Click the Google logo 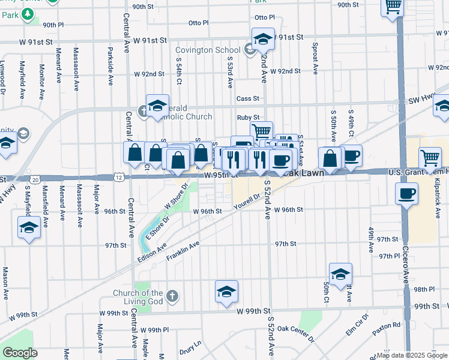point(19,353)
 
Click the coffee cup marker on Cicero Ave point(407,193)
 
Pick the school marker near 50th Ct point(340,274)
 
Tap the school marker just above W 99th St point(226,292)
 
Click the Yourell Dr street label point(247,201)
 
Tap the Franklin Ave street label point(182,251)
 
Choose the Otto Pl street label point(198,23)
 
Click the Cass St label point(247,98)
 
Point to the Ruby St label point(247,118)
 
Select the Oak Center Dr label point(295,332)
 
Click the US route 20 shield point(35,179)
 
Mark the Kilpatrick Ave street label point(438,197)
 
